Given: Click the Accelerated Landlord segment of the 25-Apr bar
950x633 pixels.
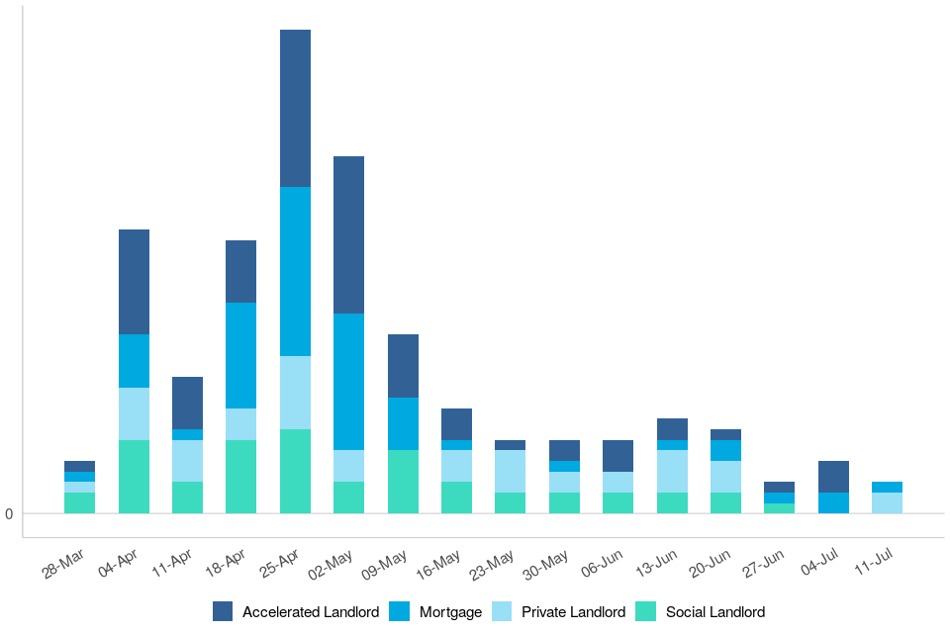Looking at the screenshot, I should pos(295,109).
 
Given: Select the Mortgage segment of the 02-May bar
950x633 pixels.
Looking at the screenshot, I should pos(348,382).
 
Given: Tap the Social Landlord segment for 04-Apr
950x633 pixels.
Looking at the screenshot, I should pos(134,477).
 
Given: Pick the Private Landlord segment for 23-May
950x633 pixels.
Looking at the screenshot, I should pos(510,471).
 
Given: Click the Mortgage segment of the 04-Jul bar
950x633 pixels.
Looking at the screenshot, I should pos(833,502).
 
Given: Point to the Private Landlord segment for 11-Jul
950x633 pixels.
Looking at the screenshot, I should pos(887,502).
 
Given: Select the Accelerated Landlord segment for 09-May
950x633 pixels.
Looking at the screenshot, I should pos(403,366).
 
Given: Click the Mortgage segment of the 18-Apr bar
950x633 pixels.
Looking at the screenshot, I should pos(240,355).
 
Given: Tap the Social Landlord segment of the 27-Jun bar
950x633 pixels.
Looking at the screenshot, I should pos(779,508).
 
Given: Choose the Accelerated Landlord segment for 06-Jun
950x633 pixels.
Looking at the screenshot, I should pos(617,456).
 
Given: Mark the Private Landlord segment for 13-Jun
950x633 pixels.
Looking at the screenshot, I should pos(672,471).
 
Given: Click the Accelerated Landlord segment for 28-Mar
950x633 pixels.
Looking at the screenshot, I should pos(79,466).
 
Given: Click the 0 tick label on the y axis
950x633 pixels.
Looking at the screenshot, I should pos(9,514).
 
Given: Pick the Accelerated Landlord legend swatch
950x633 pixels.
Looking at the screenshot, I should pos(223,612).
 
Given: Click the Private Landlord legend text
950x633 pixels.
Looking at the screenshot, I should pos(574,612).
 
